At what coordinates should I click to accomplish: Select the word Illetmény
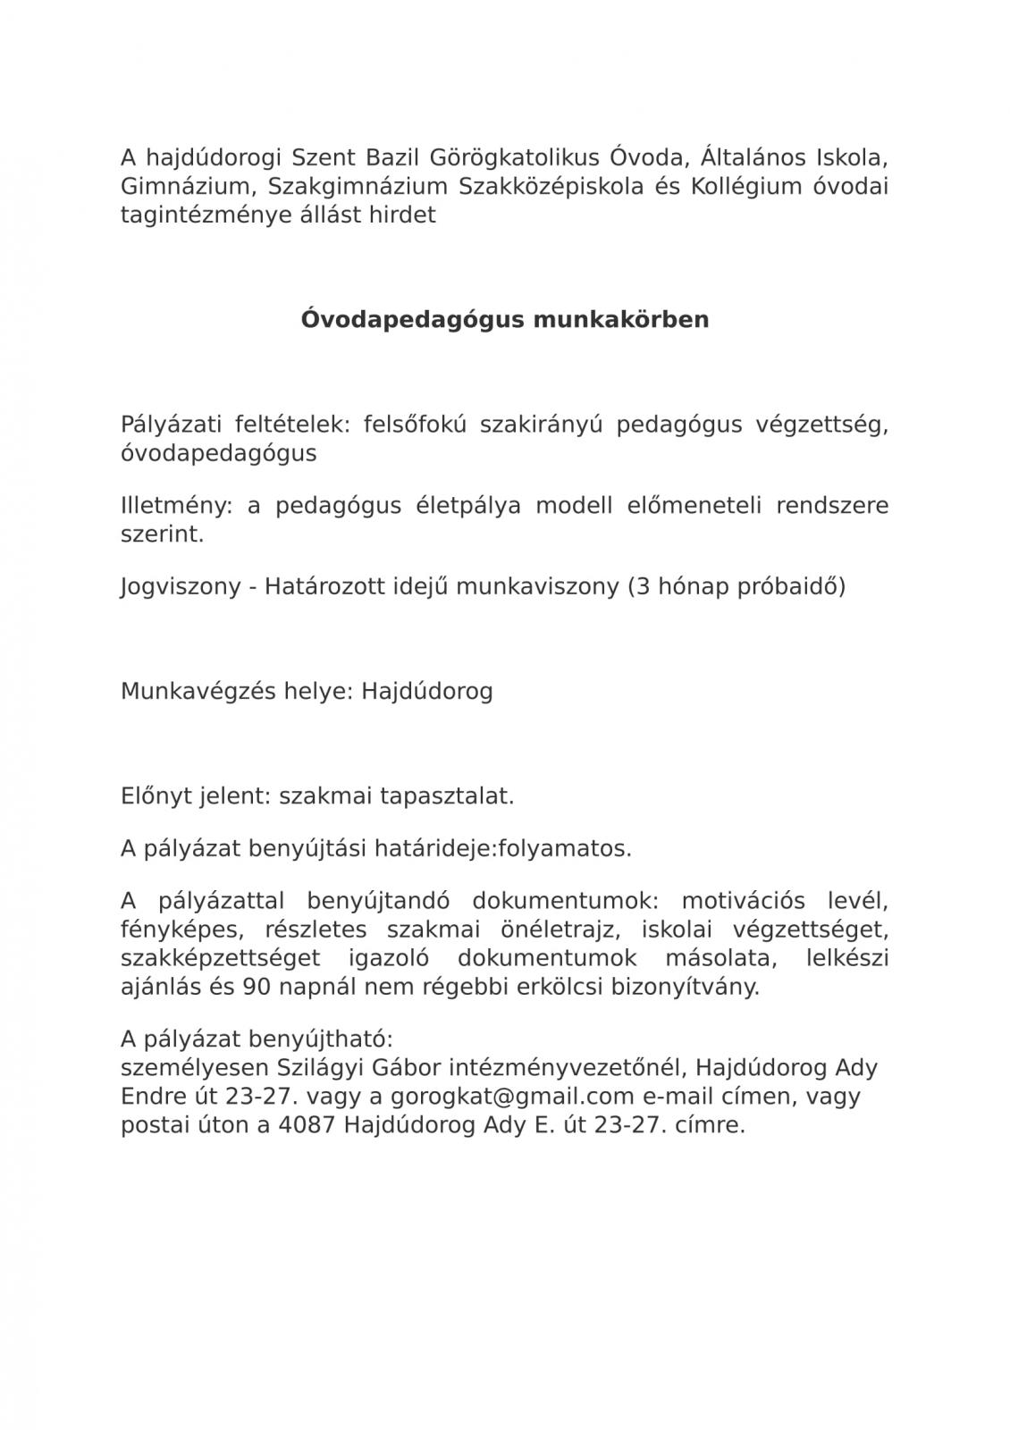click(176, 506)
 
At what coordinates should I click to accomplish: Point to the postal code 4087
click(307, 1124)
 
